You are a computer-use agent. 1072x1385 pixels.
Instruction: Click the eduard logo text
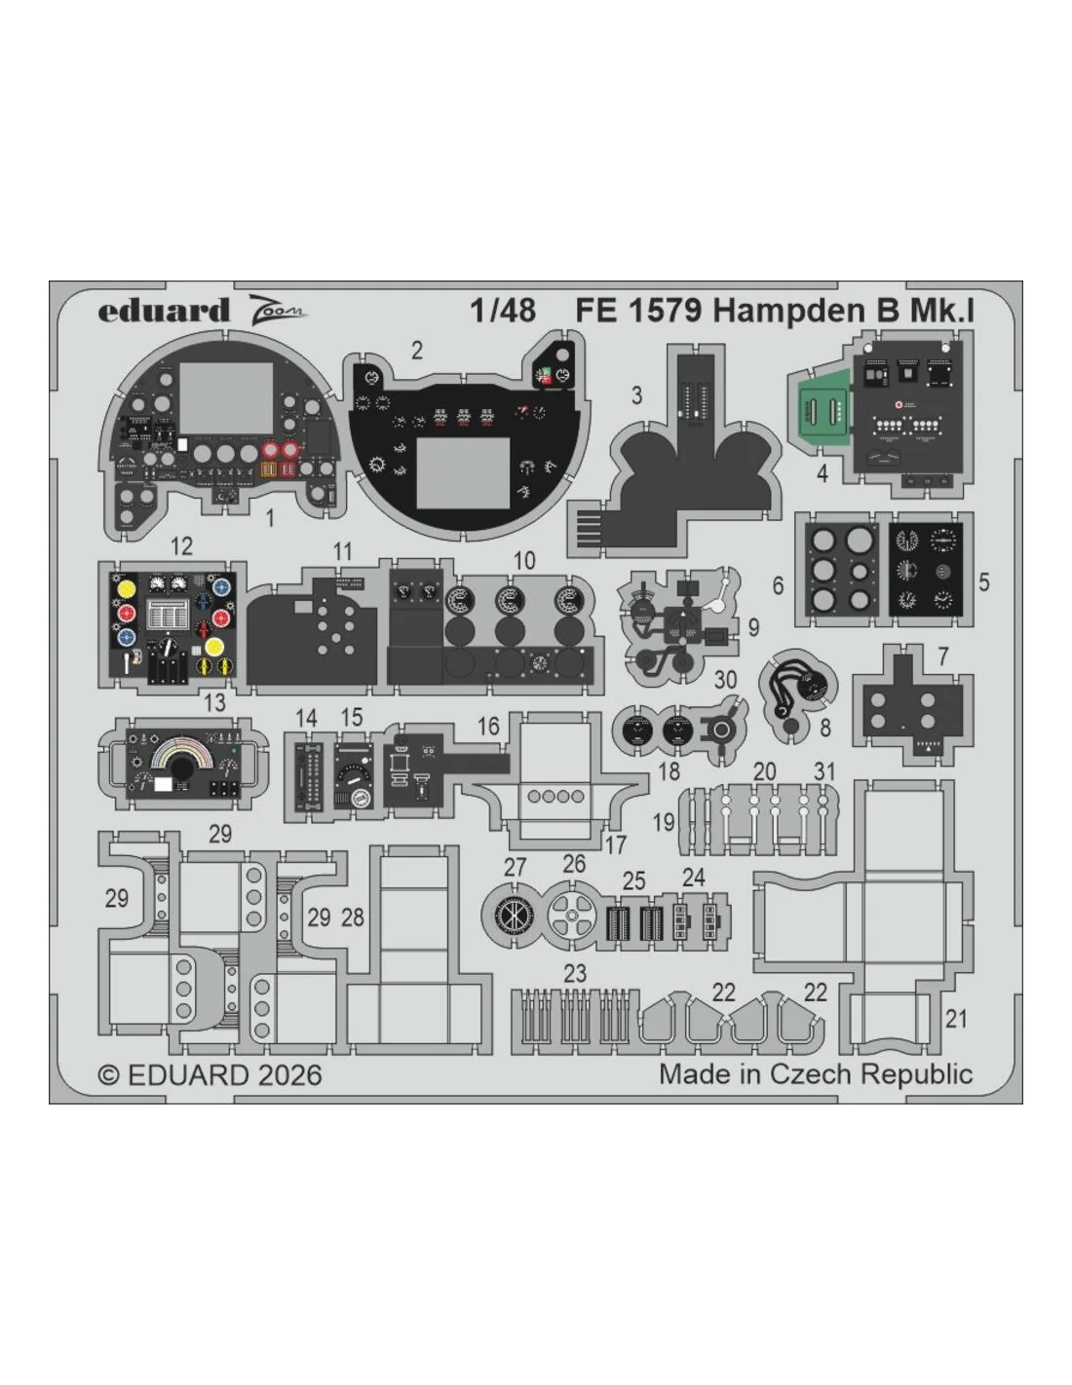pyautogui.click(x=164, y=311)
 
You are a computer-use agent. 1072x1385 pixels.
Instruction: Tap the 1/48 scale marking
pyautogui.click(x=503, y=311)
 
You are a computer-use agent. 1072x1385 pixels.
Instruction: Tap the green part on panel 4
pyautogui.click(x=824, y=408)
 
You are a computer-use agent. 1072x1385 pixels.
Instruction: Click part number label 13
pyautogui.click(x=214, y=702)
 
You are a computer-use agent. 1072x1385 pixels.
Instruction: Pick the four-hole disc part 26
pyautogui.click(x=571, y=916)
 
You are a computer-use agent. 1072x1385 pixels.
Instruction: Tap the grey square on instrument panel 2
pyautogui.click(x=462, y=472)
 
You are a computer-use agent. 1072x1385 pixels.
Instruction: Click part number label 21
pyautogui.click(x=956, y=1019)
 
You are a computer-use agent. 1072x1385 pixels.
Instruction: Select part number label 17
pyautogui.click(x=615, y=845)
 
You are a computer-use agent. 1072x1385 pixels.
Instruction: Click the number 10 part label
pyautogui.click(x=524, y=561)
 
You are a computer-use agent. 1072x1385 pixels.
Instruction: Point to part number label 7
pyautogui.click(x=942, y=655)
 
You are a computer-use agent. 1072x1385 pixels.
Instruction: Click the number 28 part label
pyautogui.click(x=353, y=917)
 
